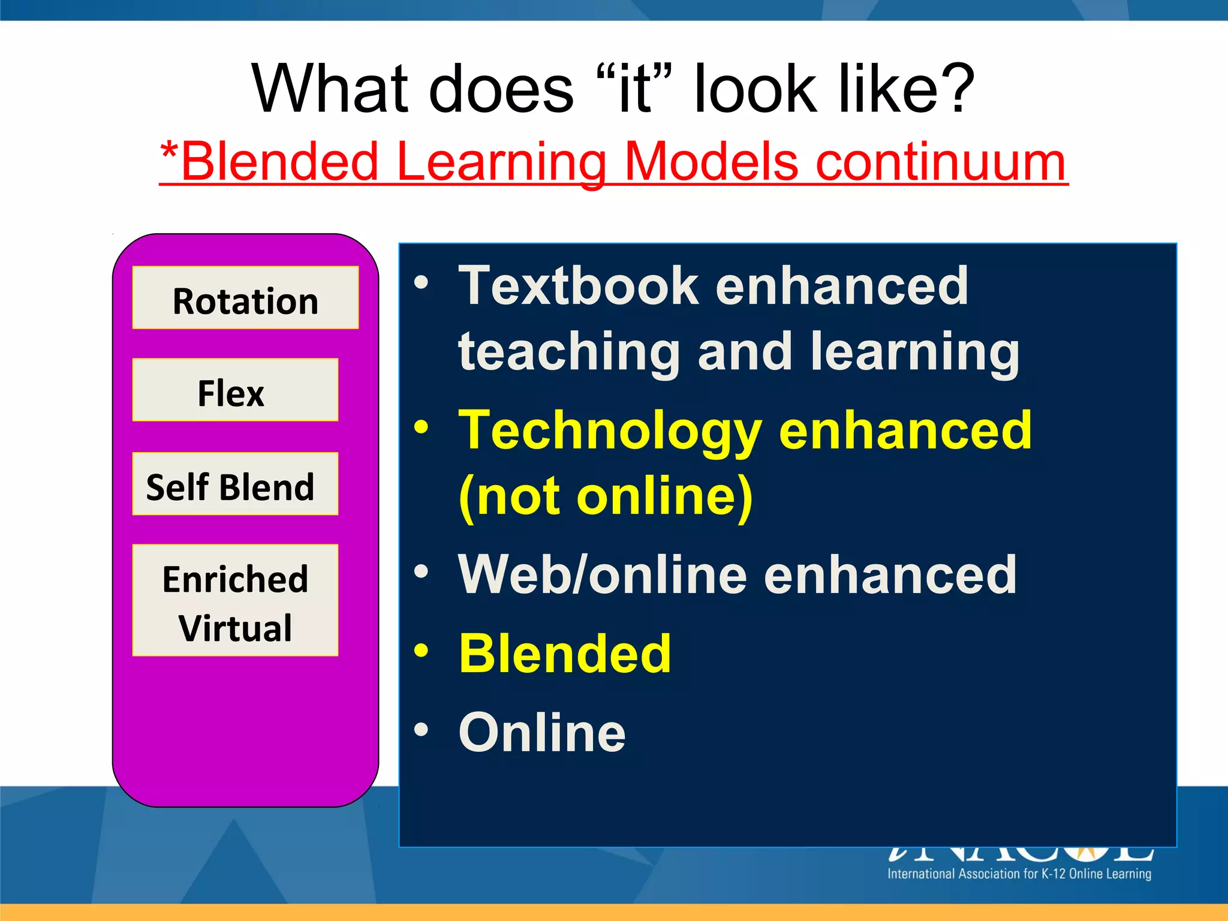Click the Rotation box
[x=245, y=298]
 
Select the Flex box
[x=235, y=390]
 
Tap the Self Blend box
[x=235, y=484]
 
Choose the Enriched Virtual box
[x=235, y=600]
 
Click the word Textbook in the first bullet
[x=578, y=287]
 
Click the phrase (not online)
[x=606, y=496]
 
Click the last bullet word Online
[x=542, y=733]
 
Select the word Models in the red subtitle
[x=711, y=162]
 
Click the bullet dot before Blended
[x=422, y=651]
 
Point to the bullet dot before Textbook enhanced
[x=422, y=282]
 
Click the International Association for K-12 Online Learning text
[x=1019, y=874]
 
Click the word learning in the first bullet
[x=914, y=353]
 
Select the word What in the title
[x=328, y=89]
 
